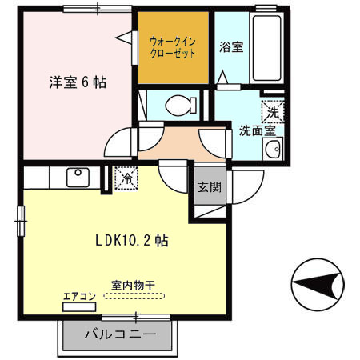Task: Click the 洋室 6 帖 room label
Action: (78, 82)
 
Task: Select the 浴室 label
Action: (232, 47)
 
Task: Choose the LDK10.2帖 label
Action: (131, 239)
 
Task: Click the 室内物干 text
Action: (134, 284)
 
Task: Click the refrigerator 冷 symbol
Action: (126, 178)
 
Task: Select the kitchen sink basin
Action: (78, 177)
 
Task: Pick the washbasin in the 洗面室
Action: (274, 148)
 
